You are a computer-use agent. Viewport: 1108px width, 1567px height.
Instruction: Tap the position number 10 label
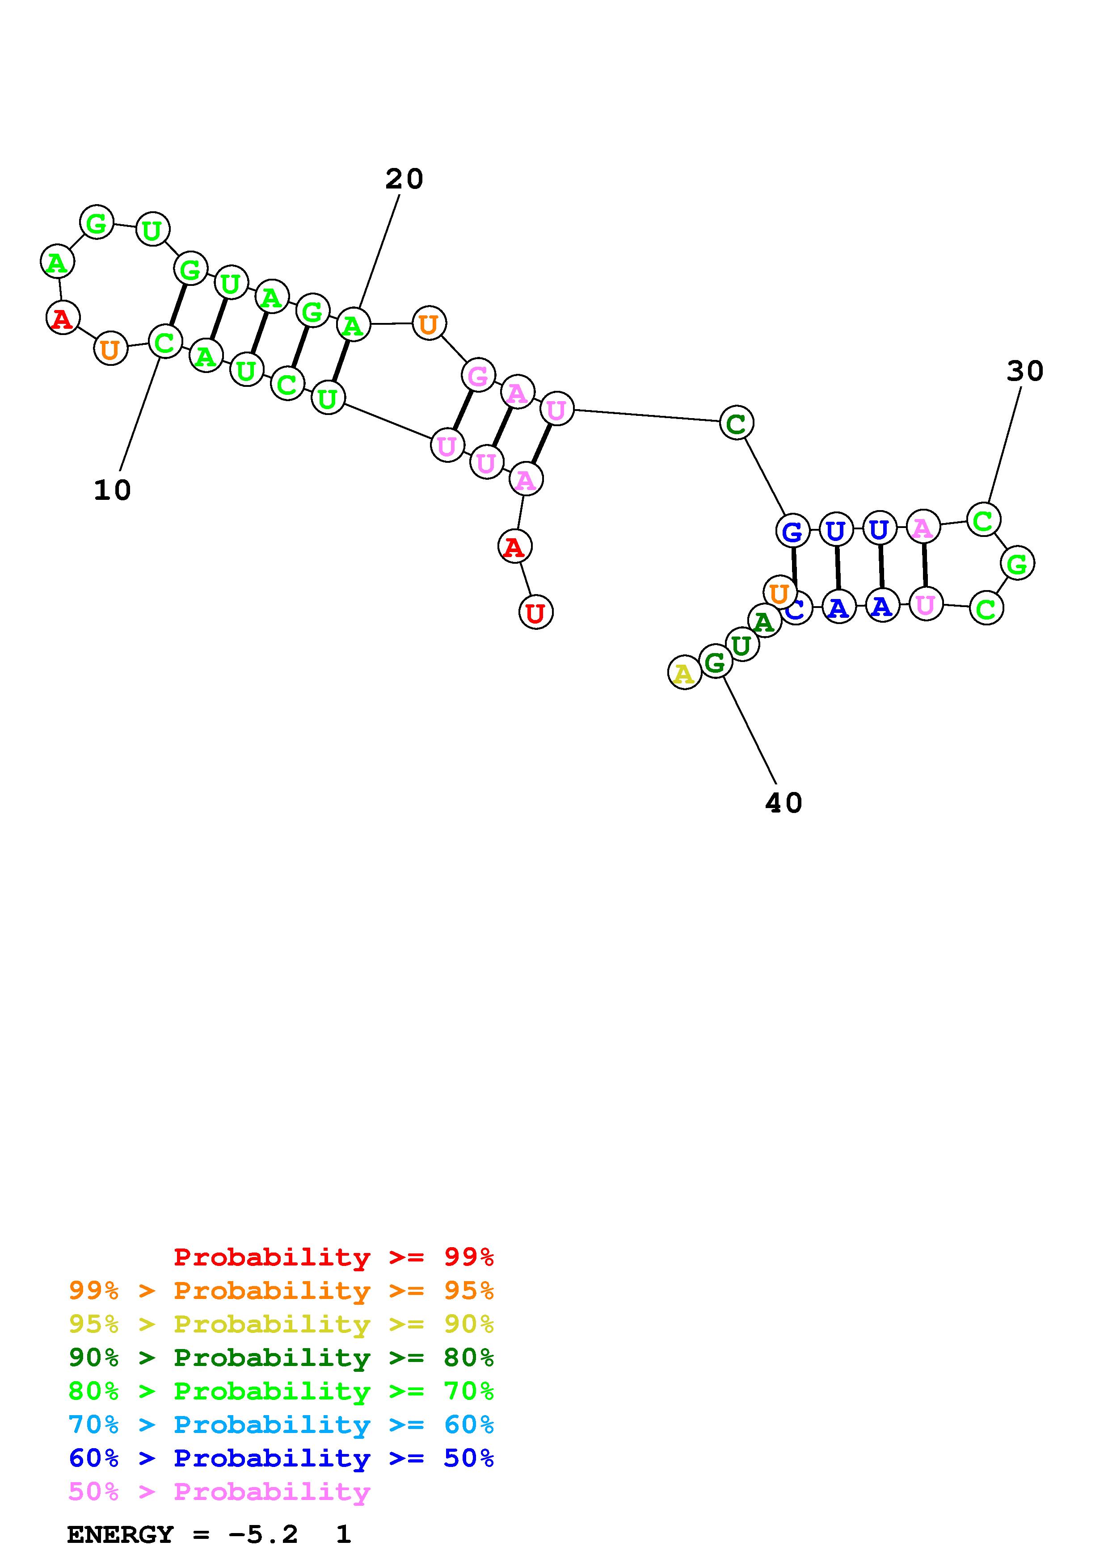112,490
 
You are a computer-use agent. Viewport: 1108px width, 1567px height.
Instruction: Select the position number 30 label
1025,371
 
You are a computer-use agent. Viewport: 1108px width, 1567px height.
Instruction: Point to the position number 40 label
783,803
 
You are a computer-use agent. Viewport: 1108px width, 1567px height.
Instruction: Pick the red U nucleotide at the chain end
536,613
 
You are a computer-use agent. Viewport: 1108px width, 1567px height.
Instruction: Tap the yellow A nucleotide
684,674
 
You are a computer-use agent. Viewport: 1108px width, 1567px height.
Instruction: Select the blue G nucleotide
792,531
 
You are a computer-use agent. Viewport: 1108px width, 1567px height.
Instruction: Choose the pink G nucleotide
478,375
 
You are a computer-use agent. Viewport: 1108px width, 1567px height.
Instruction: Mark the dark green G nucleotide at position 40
715,662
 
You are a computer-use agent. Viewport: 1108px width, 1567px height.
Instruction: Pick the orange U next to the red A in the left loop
110,349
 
